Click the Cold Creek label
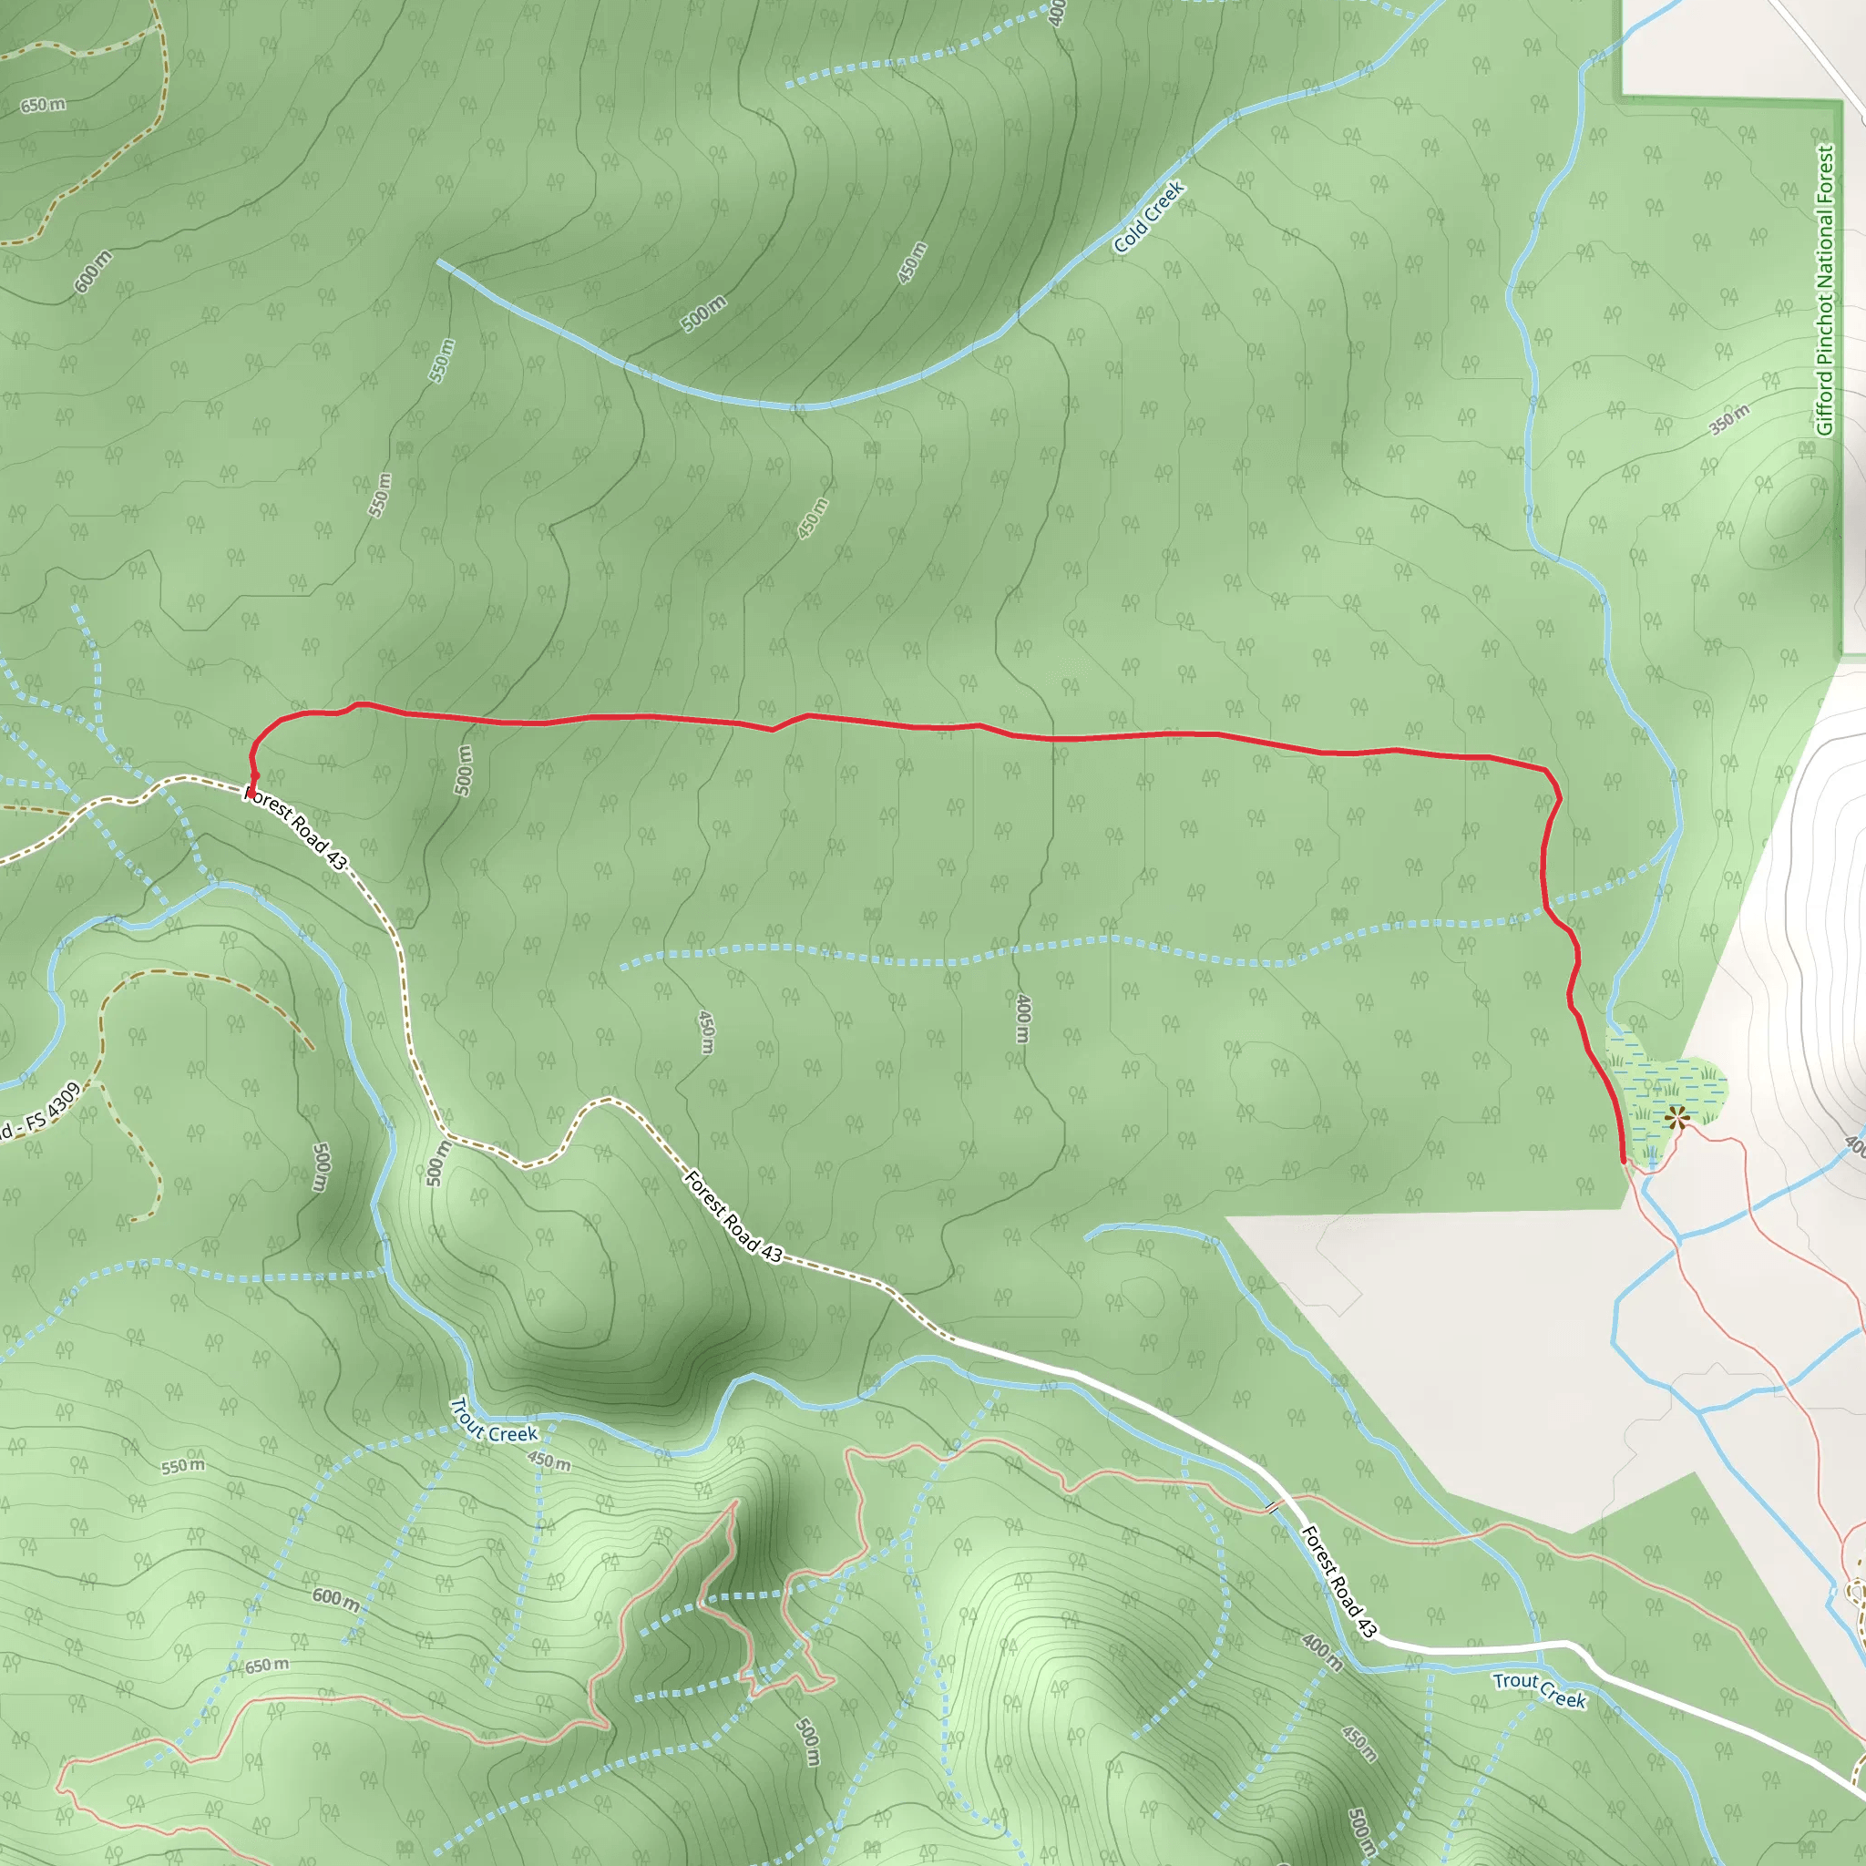[1148, 218]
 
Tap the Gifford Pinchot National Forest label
[1824, 290]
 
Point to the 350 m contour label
[1728, 419]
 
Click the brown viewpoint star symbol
[1676, 1117]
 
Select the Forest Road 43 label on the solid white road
[1338, 1581]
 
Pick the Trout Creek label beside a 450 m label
[494, 1420]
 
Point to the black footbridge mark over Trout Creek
[1272, 1506]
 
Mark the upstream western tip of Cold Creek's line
[439, 261]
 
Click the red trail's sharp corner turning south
[1549, 773]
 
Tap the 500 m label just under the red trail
[465, 770]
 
